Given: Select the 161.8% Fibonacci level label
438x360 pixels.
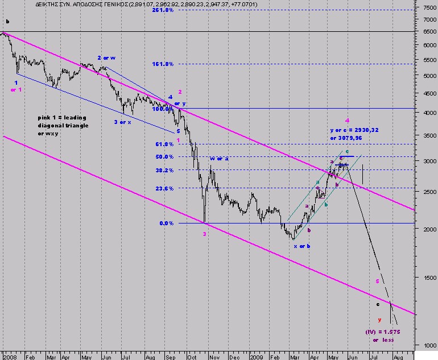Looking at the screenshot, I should point(163,64).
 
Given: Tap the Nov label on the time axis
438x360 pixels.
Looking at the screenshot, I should point(213,355).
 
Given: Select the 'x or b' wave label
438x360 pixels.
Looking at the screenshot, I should point(302,246).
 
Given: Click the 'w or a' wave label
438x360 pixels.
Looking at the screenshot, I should point(219,158).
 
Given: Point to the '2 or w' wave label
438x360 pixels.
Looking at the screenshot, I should point(105,58).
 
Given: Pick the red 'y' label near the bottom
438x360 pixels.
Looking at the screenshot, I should point(379,320).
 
